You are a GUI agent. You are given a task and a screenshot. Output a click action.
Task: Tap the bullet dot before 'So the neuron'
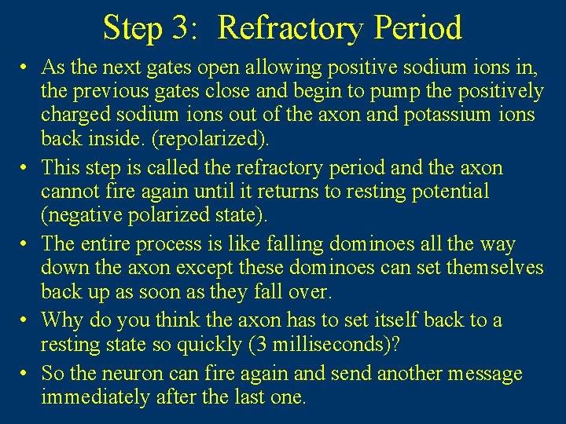(x=26, y=374)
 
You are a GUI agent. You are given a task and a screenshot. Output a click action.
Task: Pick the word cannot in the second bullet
(x=68, y=191)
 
